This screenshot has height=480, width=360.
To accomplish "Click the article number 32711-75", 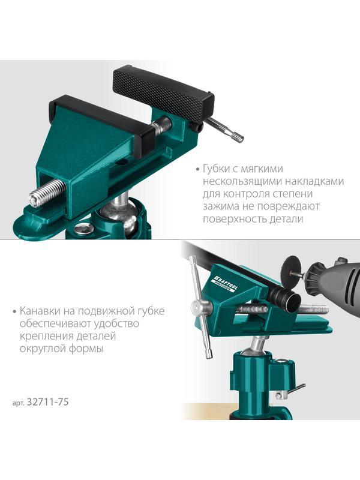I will [49, 402].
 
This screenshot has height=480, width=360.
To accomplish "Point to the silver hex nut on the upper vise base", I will [84, 228].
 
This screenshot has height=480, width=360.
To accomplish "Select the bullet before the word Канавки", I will [14, 311].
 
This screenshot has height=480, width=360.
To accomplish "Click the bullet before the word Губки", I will [191, 169].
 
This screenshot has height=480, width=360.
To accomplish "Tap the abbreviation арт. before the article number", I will [18, 403].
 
